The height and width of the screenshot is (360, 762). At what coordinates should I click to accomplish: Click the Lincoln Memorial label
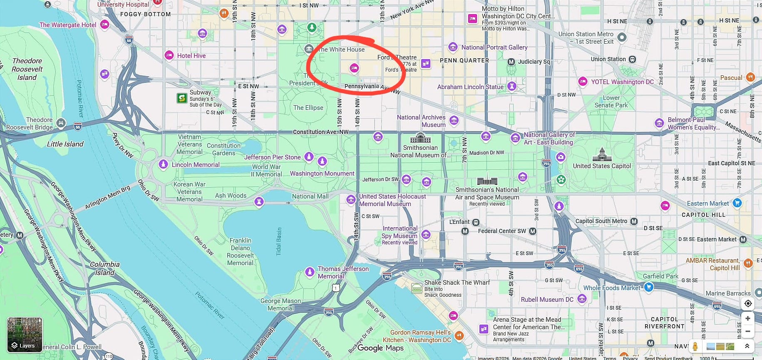(195, 165)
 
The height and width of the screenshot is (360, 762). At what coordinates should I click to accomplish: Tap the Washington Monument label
(322, 174)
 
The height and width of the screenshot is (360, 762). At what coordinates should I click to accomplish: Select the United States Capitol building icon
(602, 154)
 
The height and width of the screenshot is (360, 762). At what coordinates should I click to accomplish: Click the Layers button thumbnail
(25, 335)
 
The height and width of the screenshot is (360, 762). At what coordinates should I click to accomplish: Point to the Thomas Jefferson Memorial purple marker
(310, 272)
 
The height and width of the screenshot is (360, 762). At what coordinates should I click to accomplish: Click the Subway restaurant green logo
(182, 98)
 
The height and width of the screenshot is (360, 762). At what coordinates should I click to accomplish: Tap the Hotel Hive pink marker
(169, 55)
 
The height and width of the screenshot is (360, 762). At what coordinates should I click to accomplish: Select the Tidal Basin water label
(279, 241)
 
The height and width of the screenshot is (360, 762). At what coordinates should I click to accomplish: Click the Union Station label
(608, 59)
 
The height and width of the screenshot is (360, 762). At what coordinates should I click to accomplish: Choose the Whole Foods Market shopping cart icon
(648, 287)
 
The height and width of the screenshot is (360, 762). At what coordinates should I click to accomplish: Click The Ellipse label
(308, 108)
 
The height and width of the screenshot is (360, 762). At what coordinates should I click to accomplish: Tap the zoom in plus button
(748, 318)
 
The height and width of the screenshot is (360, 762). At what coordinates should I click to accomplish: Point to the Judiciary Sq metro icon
(511, 62)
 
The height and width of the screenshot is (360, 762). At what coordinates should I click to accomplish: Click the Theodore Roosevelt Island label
(27, 69)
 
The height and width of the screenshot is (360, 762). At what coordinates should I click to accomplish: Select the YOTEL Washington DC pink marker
(583, 82)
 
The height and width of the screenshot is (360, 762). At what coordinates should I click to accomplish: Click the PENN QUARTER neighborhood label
(464, 60)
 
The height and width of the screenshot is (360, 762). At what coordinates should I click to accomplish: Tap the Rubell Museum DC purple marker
(582, 299)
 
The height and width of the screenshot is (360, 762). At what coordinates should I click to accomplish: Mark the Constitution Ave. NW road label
(320, 132)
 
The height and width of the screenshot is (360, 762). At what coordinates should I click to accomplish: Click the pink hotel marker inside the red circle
(354, 68)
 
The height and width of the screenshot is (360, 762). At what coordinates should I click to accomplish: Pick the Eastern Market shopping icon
(737, 203)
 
